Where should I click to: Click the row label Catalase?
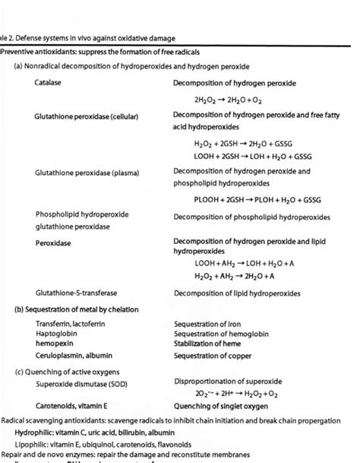click(x=48, y=82)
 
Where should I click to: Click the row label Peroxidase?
click(x=51, y=243)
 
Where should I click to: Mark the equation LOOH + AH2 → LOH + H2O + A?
click(x=244, y=263)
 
